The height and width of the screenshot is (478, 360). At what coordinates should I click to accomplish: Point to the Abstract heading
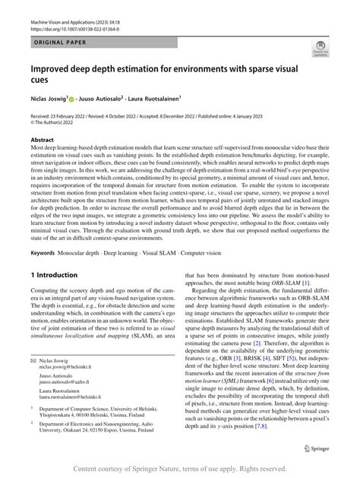click(42, 140)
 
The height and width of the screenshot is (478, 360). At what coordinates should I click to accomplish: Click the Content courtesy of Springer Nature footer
click(180, 468)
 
